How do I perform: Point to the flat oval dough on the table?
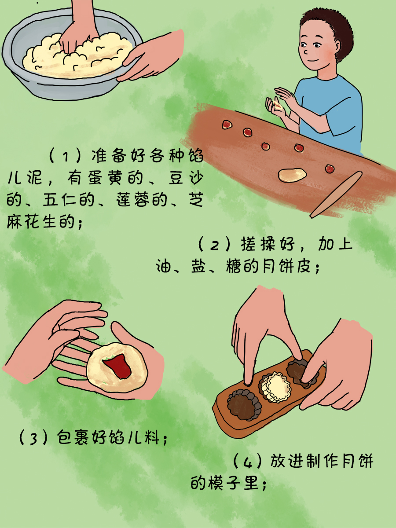pyautogui.click(x=292, y=174)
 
